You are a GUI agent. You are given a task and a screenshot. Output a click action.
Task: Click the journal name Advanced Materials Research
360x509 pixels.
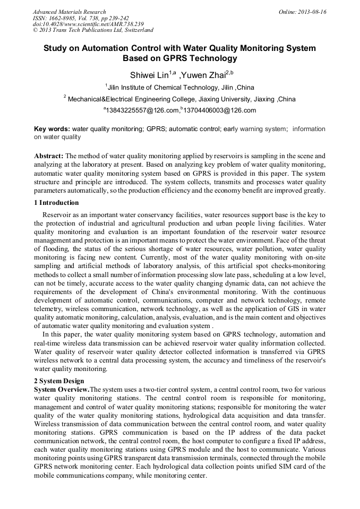tap(69, 12)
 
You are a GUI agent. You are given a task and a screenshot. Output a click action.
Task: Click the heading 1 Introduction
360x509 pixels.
tap(56, 203)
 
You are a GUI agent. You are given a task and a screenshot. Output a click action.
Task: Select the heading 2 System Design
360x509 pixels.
tap(59, 381)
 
